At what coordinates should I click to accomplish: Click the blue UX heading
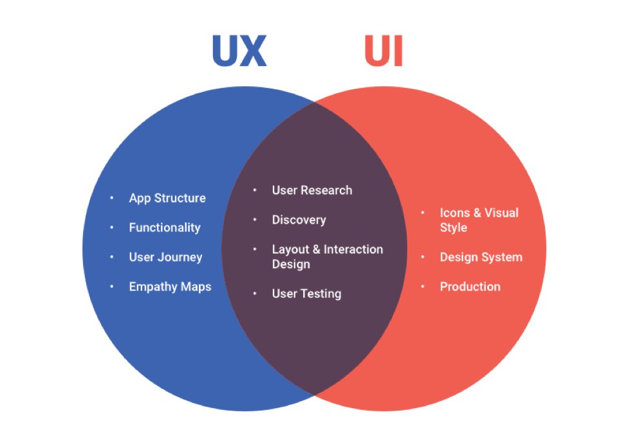tap(239, 51)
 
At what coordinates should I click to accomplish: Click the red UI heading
tap(383, 51)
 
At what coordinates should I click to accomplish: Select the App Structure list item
tap(167, 198)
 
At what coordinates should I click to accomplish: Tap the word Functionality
tap(165, 227)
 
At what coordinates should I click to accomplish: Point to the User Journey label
tap(165, 257)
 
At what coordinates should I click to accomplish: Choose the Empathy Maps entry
tap(170, 287)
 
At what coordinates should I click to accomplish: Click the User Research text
tap(312, 190)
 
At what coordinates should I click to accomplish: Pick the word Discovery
tap(299, 220)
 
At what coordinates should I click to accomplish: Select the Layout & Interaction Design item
tap(327, 256)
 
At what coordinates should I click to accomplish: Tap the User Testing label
tap(306, 294)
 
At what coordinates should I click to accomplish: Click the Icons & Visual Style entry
tap(479, 220)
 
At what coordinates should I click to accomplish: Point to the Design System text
tap(481, 257)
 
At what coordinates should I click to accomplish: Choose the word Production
tap(470, 287)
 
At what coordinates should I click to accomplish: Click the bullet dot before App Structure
tap(112, 198)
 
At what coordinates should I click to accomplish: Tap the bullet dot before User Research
tap(255, 190)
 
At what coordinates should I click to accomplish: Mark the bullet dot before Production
tap(423, 287)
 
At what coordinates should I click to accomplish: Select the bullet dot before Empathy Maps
tap(112, 287)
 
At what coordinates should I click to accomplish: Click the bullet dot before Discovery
tap(255, 220)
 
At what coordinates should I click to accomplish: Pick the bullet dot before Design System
tap(423, 257)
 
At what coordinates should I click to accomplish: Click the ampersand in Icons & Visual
tap(474, 213)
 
